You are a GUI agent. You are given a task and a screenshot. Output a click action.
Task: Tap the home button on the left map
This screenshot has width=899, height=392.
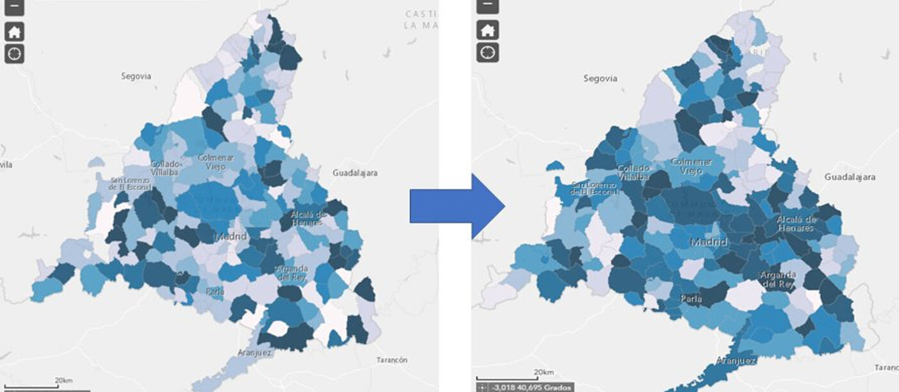(x=14, y=31)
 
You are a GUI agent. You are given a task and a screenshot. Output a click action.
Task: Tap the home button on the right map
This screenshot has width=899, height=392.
(x=488, y=29)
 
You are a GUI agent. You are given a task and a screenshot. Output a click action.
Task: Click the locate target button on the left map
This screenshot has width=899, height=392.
(x=14, y=53)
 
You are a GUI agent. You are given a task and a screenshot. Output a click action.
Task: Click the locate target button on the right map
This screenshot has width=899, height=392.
(x=488, y=52)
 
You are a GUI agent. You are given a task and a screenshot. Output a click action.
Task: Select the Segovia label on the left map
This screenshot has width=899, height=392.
(x=136, y=76)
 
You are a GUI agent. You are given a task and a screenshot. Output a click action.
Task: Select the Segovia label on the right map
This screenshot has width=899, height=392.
(x=600, y=78)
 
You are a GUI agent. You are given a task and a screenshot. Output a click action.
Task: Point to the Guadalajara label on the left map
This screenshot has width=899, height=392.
(x=355, y=173)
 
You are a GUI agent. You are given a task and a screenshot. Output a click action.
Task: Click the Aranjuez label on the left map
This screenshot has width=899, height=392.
(x=254, y=352)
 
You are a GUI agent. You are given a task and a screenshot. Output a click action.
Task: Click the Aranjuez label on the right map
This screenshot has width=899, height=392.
(x=736, y=361)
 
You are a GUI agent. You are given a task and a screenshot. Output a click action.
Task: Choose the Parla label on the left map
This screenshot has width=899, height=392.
(x=215, y=292)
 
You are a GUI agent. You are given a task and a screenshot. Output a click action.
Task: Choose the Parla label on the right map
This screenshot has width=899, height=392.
(x=691, y=298)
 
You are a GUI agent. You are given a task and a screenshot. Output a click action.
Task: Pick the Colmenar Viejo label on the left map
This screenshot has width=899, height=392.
(x=216, y=161)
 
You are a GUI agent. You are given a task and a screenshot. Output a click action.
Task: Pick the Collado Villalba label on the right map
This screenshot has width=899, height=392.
(x=633, y=172)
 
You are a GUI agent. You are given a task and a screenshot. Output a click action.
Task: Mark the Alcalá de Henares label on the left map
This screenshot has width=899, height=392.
(x=309, y=218)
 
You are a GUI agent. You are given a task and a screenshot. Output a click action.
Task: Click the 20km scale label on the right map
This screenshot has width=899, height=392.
(x=543, y=372)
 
